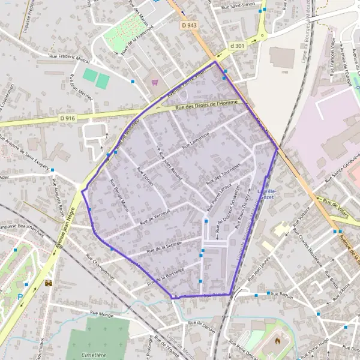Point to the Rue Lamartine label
pyautogui.click(x=198, y=140)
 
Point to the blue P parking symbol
pyautogui.click(x=22, y=296)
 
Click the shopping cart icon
pyautogui.click(x=155, y=82)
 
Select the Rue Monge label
pyautogui.click(x=101, y=313)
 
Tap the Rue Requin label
pyautogui.click(x=282, y=294)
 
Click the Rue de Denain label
pyautogui.click(x=201, y=323)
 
